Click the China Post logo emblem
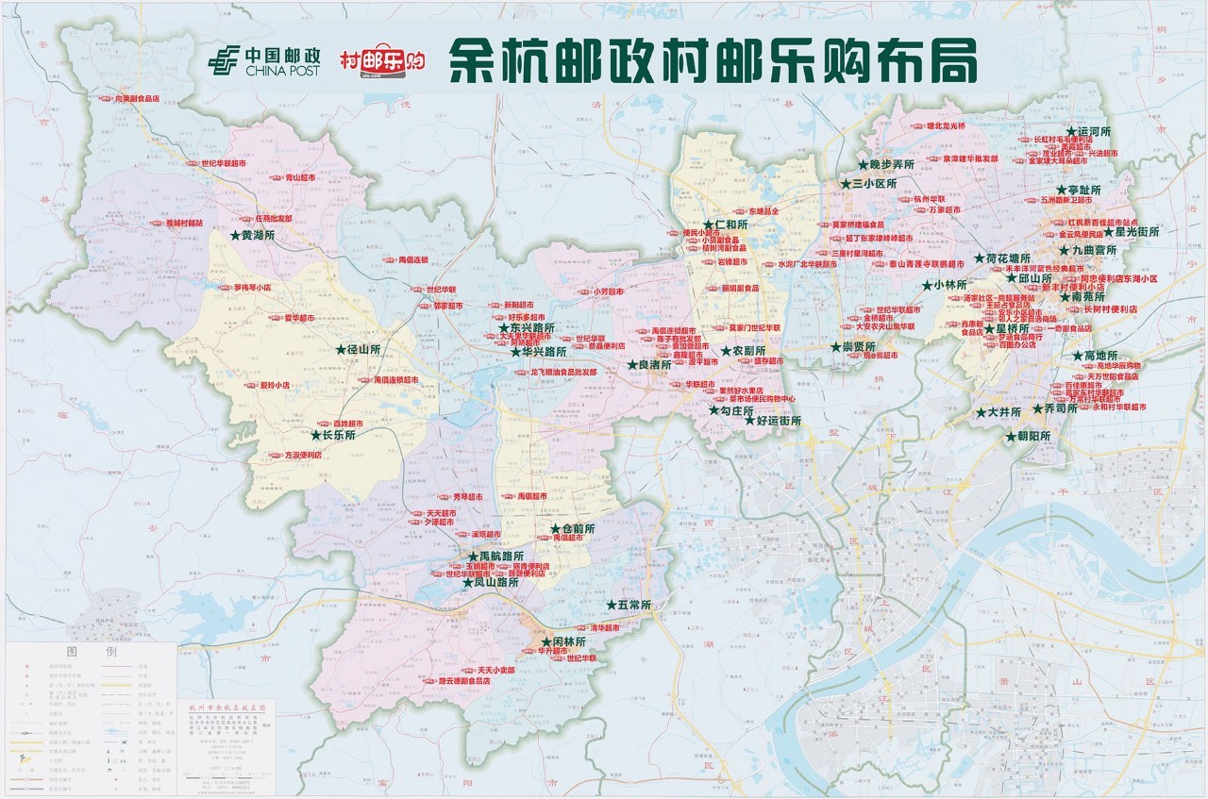[x=225, y=63]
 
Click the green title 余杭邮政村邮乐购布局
[x=712, y=62]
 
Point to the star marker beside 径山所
[x=341, y=349]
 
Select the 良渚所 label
[x=654, y=364]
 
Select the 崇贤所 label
[x=858, y=346]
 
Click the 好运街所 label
[x=778, y=421]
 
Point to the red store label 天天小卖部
[x=495, y=670]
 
